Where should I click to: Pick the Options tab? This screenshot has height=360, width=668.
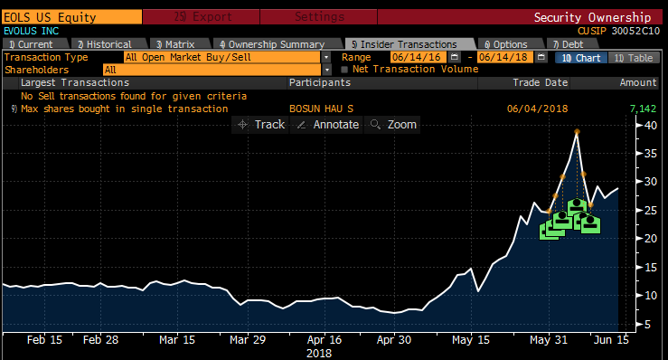510,43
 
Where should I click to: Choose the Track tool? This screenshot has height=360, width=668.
261,124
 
